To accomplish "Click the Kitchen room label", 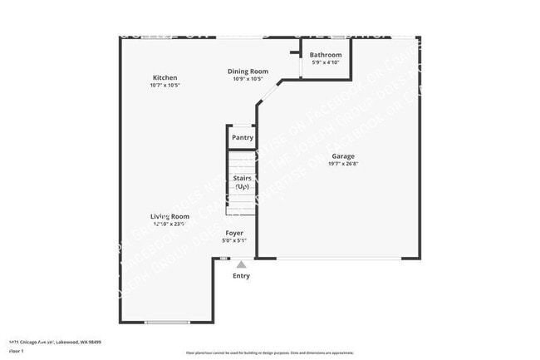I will (x=164, y=77).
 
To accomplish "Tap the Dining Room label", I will (x=248, y=72).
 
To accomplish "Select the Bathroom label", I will (x=326, y=55).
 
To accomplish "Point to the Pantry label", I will (x=242, y=137).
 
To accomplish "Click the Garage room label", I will (x=343, y=156).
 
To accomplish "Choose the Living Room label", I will (x=169, y=216).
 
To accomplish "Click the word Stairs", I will (x=242, y=178).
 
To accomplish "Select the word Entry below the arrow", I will (x=241, y=276).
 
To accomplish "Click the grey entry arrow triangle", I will (x=241, y=264).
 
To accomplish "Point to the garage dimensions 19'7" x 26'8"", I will (x=343, y=164).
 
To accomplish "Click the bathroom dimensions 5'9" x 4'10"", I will (x=326, y=62).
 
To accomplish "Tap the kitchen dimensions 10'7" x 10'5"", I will (x=164, y=85).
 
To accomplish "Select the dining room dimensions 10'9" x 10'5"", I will (x=248, y=79).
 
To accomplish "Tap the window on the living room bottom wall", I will (x=167, y=323).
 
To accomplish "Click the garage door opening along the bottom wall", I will (x=336, y=259).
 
